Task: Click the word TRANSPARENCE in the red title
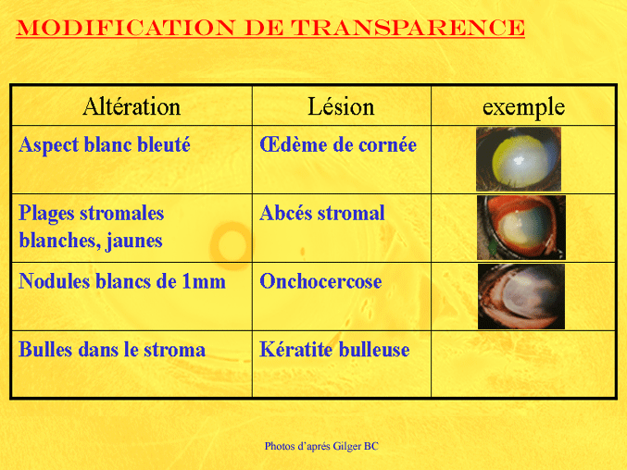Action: click(408, 28)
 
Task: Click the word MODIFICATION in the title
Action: click(126, 28)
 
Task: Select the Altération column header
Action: click(132, 106)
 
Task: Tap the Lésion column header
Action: click(341, 106)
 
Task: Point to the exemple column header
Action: click(523, 107)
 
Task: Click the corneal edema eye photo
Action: click(519, 159)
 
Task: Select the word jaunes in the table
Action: click(134, 241)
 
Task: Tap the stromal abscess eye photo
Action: click(521, 228)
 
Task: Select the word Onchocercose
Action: click(320, 281)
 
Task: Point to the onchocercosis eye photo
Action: click(521, 296)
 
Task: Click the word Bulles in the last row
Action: click(45, 350)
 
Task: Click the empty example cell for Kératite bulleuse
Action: click(523, 365)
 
